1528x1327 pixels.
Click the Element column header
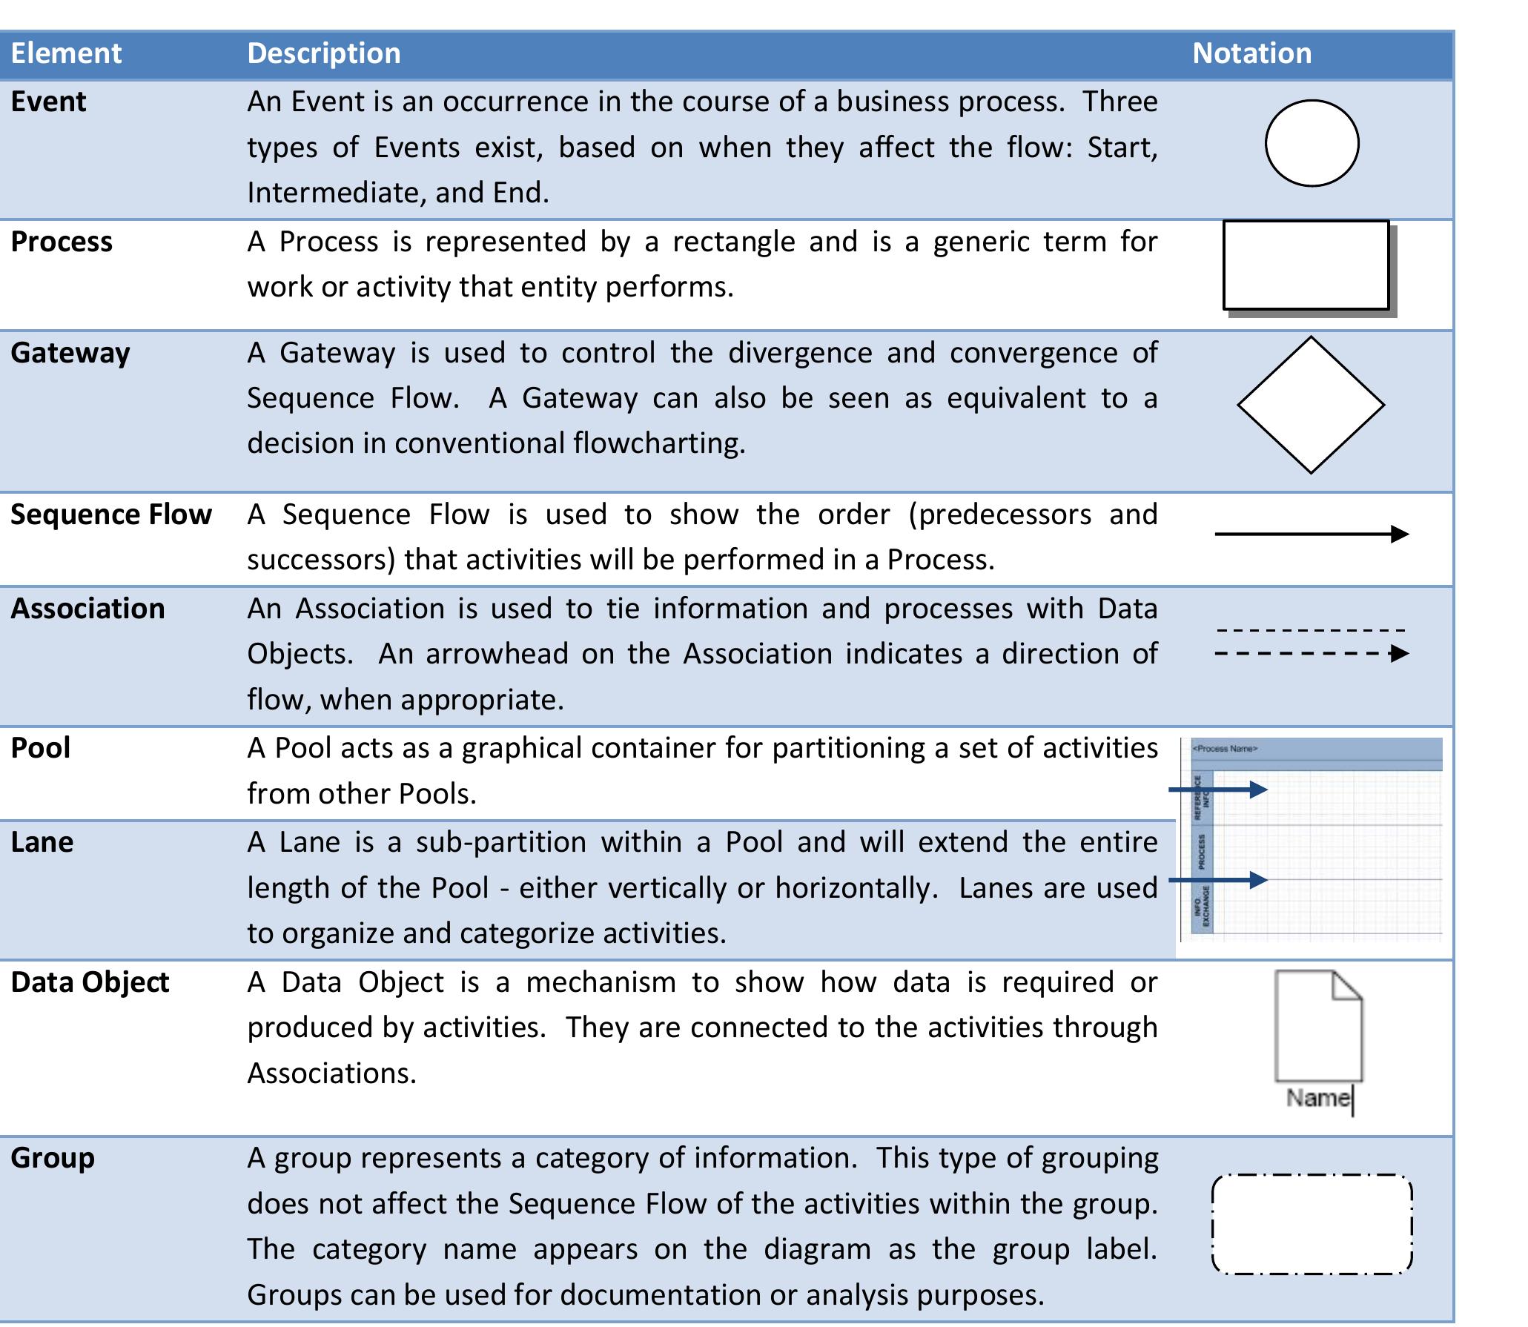pyautogui.click(x=66, y=53)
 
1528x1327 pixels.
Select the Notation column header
pyautogui.click(x=1251, y=53)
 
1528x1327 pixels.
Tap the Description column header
pyautogui.click(x=323, y=53)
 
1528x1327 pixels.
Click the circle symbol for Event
pyautogui.click(x=1311, y=143)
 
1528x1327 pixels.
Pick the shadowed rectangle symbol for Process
pyautogui.click(x=1306, y=265)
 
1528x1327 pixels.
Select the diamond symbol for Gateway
pyautogui.click(x=1310, y=405)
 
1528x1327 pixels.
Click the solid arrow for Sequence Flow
pyautogui.click(x=1310, y=534)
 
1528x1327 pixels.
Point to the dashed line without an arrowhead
pyautogui.click(x=1310, y=630)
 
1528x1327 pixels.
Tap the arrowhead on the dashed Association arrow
pyautogui.click(x=1398, y=654)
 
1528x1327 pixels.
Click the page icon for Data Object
pyautogui.click(x=1317, y=1026)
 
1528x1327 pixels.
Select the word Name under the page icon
pyautogui.click(x=1317, y=1097)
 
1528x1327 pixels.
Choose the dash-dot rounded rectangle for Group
pyautogui.click(x=1311, y=1225)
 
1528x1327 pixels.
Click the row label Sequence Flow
pyautogui.click(x=111, y=514)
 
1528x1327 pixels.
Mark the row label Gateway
pyautogui.click(x=70, y=353)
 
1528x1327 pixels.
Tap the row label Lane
pyautogui.click(x=42, y=842)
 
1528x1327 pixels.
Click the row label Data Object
pyautogui.click(x=90, y=982)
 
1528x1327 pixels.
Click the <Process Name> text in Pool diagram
pyautogui.click(x=1224, y=749)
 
